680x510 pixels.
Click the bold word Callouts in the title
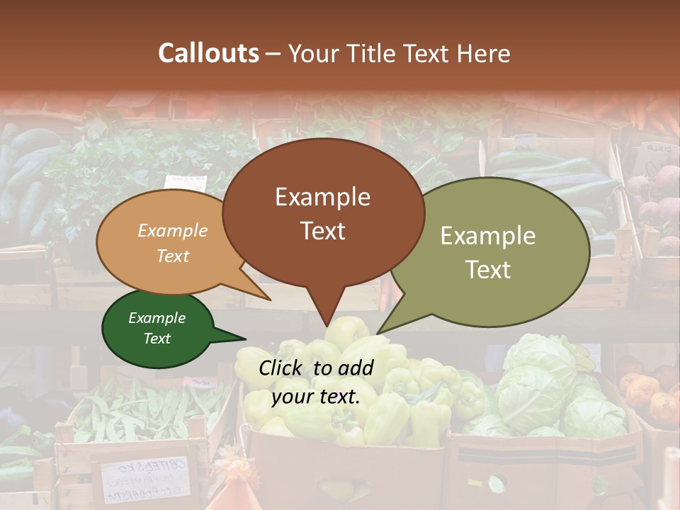[208, 53]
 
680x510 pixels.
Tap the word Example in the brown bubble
[322, 197]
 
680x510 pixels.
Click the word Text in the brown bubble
[322, 230]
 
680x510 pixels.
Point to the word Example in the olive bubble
[488, 236]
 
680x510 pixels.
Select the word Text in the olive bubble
[488, 270]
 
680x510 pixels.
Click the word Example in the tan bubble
[173, 230]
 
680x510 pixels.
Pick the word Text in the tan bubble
[173, 256]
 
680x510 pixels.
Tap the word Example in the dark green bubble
[157, 318]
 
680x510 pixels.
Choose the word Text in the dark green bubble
[157, 339]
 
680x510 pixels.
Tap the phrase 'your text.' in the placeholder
[315, 397]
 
